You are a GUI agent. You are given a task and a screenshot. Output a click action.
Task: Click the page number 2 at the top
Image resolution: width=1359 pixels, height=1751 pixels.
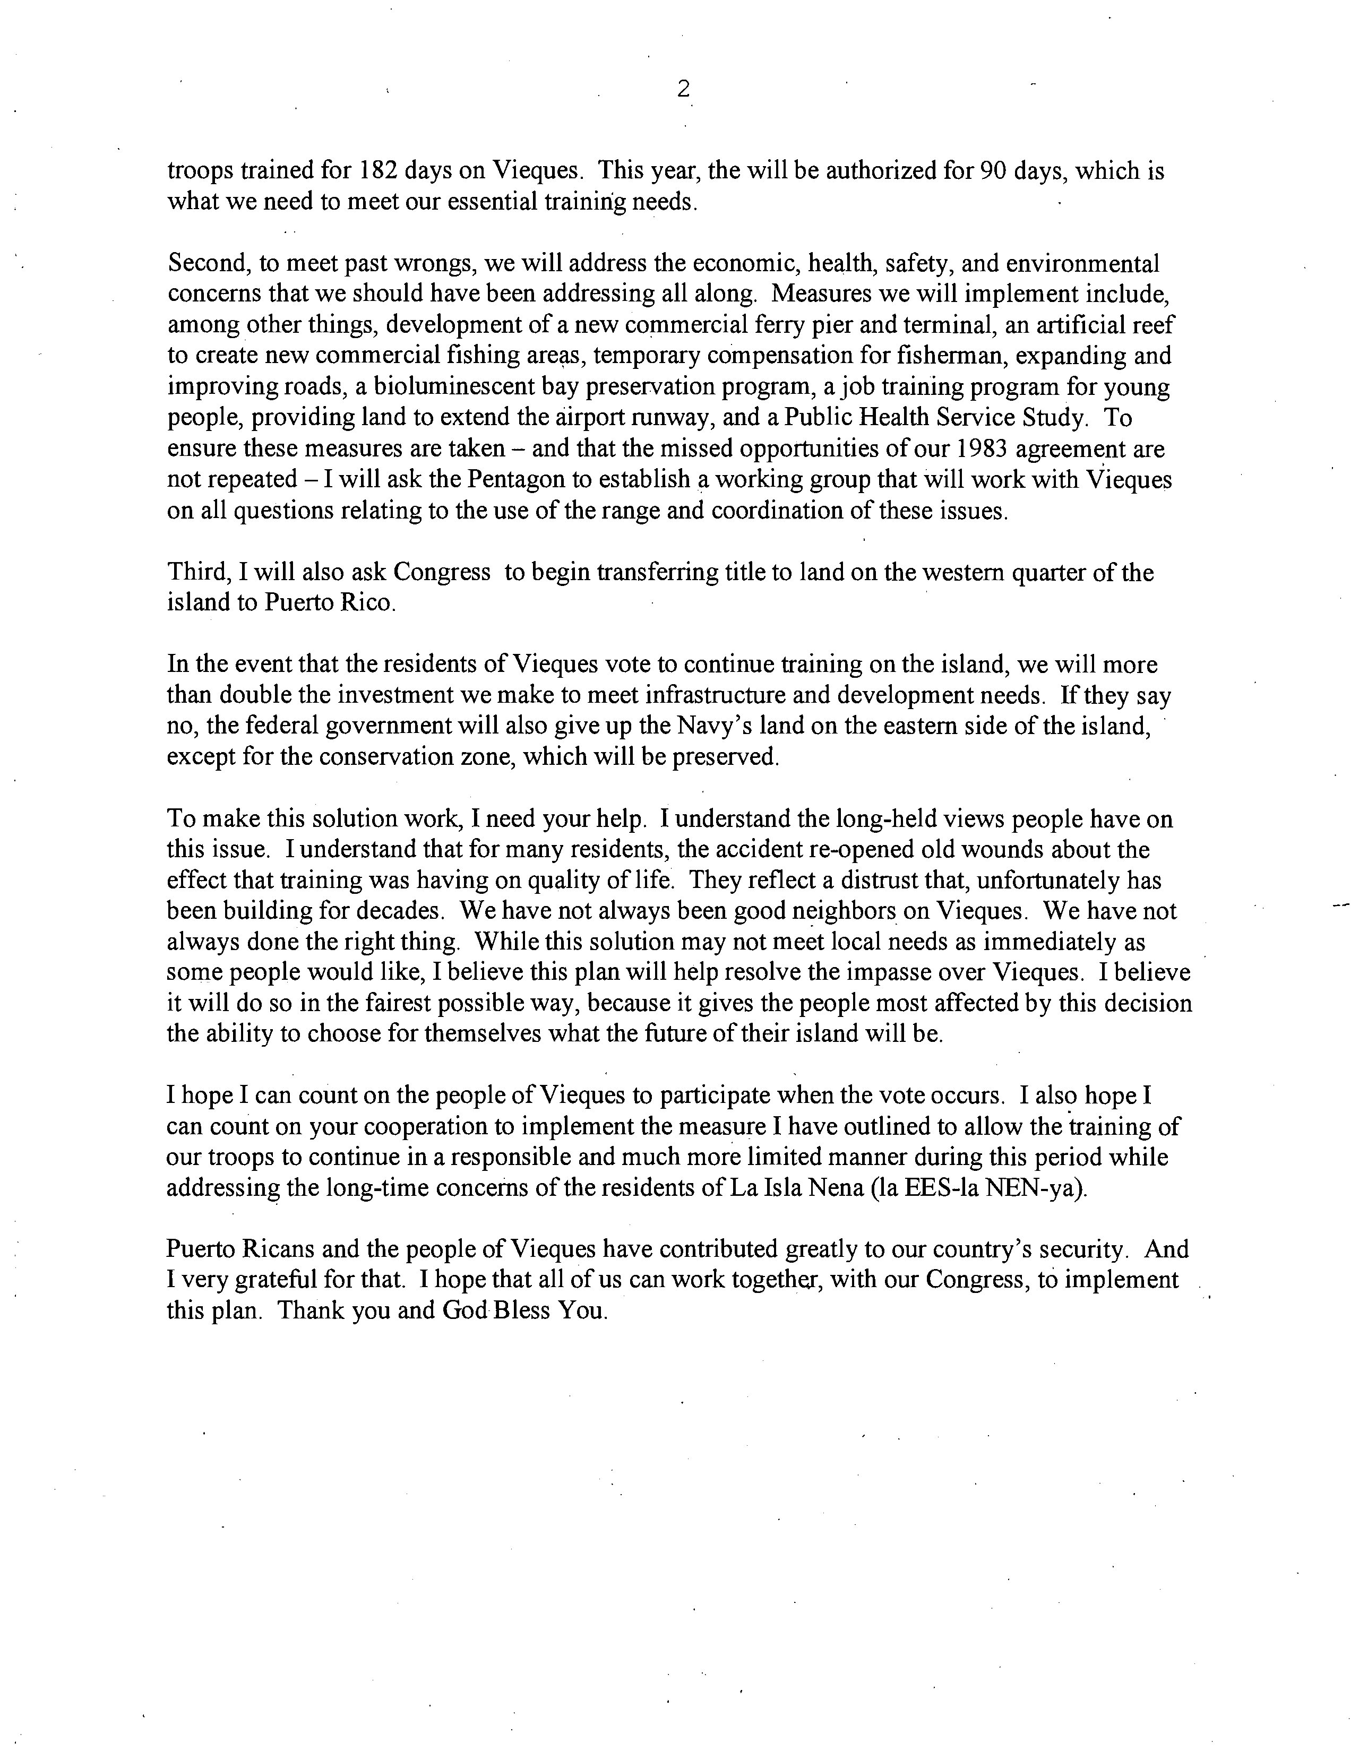click(682, 89)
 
